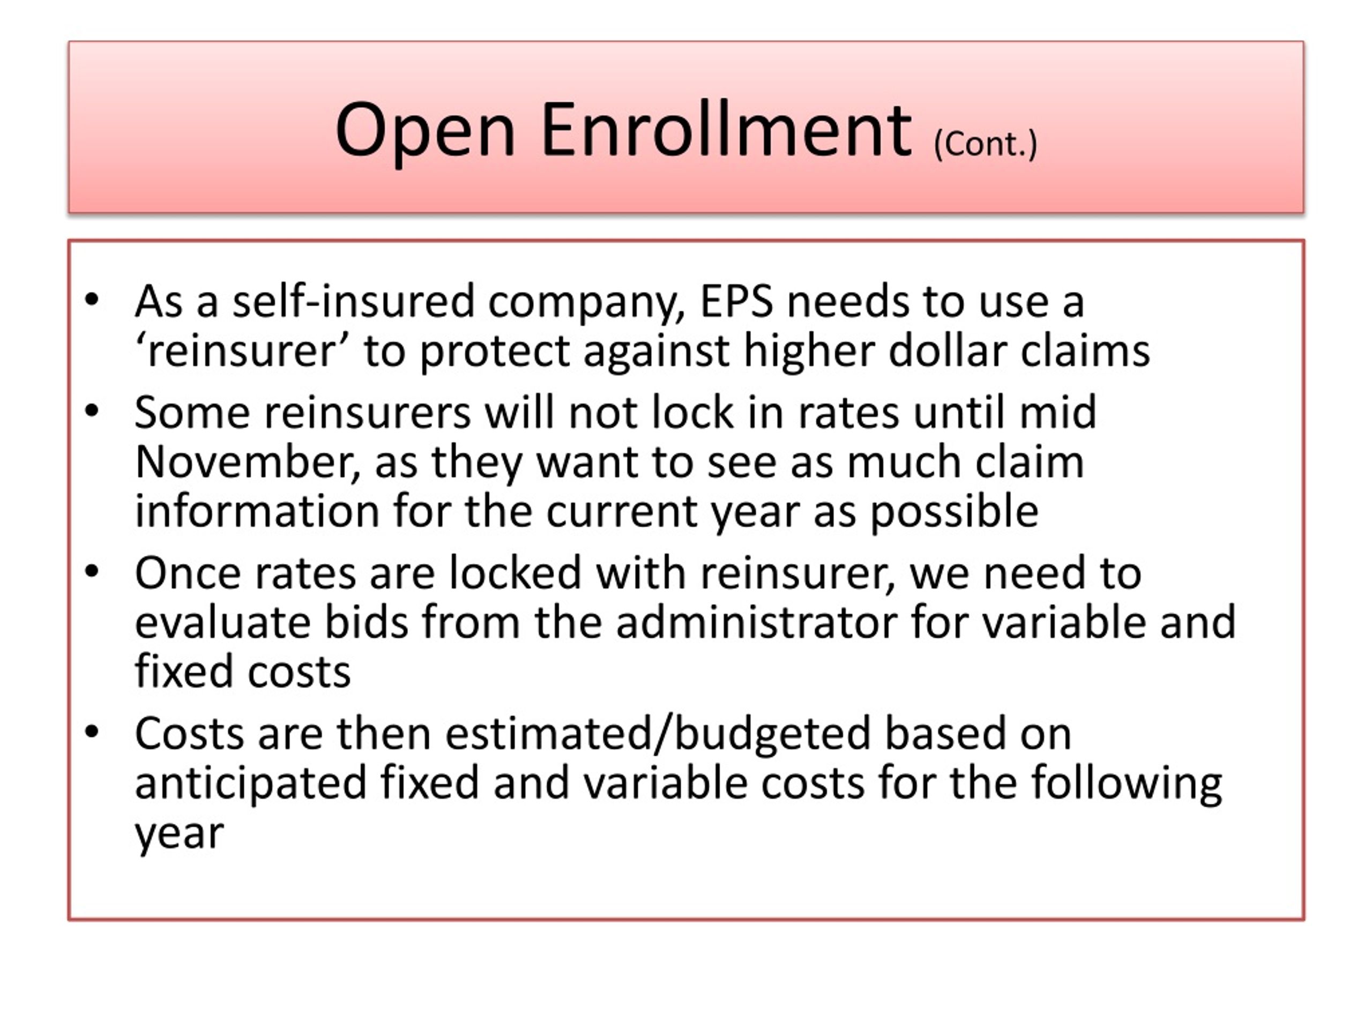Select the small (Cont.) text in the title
985,145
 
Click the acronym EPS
737,302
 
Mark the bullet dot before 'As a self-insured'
92,300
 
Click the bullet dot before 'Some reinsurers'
92,411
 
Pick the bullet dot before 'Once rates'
92,571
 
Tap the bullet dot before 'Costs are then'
92,732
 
